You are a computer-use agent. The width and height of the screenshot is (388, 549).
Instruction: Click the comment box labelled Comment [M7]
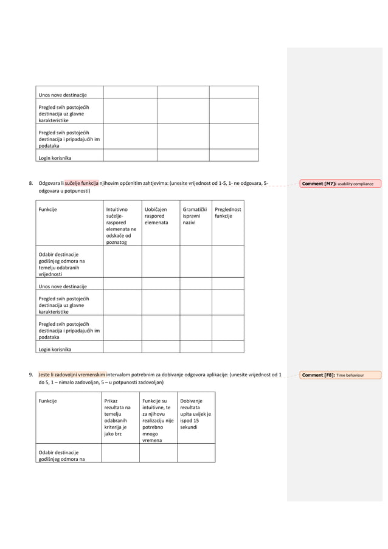[340, 184]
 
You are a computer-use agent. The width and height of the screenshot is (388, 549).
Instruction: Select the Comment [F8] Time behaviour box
[340, 375]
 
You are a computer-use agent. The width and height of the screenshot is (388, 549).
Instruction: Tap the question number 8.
[31, 183]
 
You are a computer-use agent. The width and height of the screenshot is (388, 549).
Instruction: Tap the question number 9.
[31, 375]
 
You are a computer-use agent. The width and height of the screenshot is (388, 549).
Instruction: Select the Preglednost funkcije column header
[227, 213]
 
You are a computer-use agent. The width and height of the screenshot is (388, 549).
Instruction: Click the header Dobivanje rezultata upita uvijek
[195, 414]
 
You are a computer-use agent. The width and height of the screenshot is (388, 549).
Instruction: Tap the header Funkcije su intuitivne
[158, 420]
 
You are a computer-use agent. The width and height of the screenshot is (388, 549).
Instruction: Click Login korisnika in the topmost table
[55, 158]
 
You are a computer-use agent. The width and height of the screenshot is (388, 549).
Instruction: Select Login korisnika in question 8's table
[55, 350]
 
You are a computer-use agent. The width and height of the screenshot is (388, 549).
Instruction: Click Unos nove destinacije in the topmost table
[63, 95]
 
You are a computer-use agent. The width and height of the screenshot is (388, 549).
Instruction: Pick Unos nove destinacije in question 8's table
[63, 286]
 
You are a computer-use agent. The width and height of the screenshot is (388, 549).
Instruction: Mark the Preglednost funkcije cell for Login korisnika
[227, 347]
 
